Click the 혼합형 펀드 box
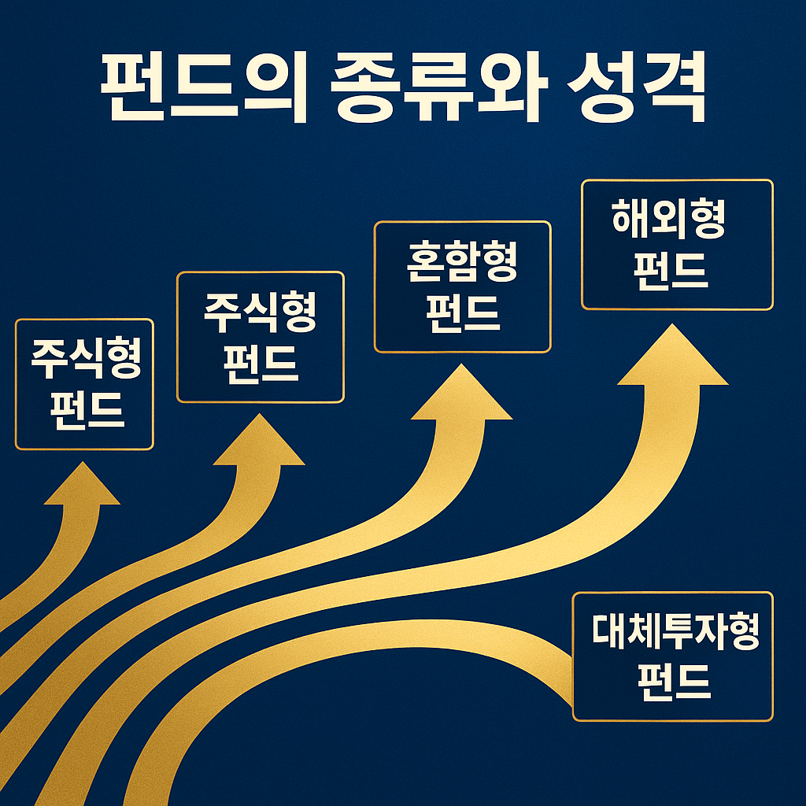coord(462,287)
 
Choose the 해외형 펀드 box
coord(677,245)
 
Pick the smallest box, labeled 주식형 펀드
coord(84,384)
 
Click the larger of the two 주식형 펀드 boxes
coord(261,337)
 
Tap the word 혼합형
coord(462,264)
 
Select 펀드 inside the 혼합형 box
coord(462,312)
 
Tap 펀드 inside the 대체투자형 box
coord(673,682)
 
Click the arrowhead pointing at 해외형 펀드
coord(672,358)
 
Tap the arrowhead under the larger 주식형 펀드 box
coord(259,442)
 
